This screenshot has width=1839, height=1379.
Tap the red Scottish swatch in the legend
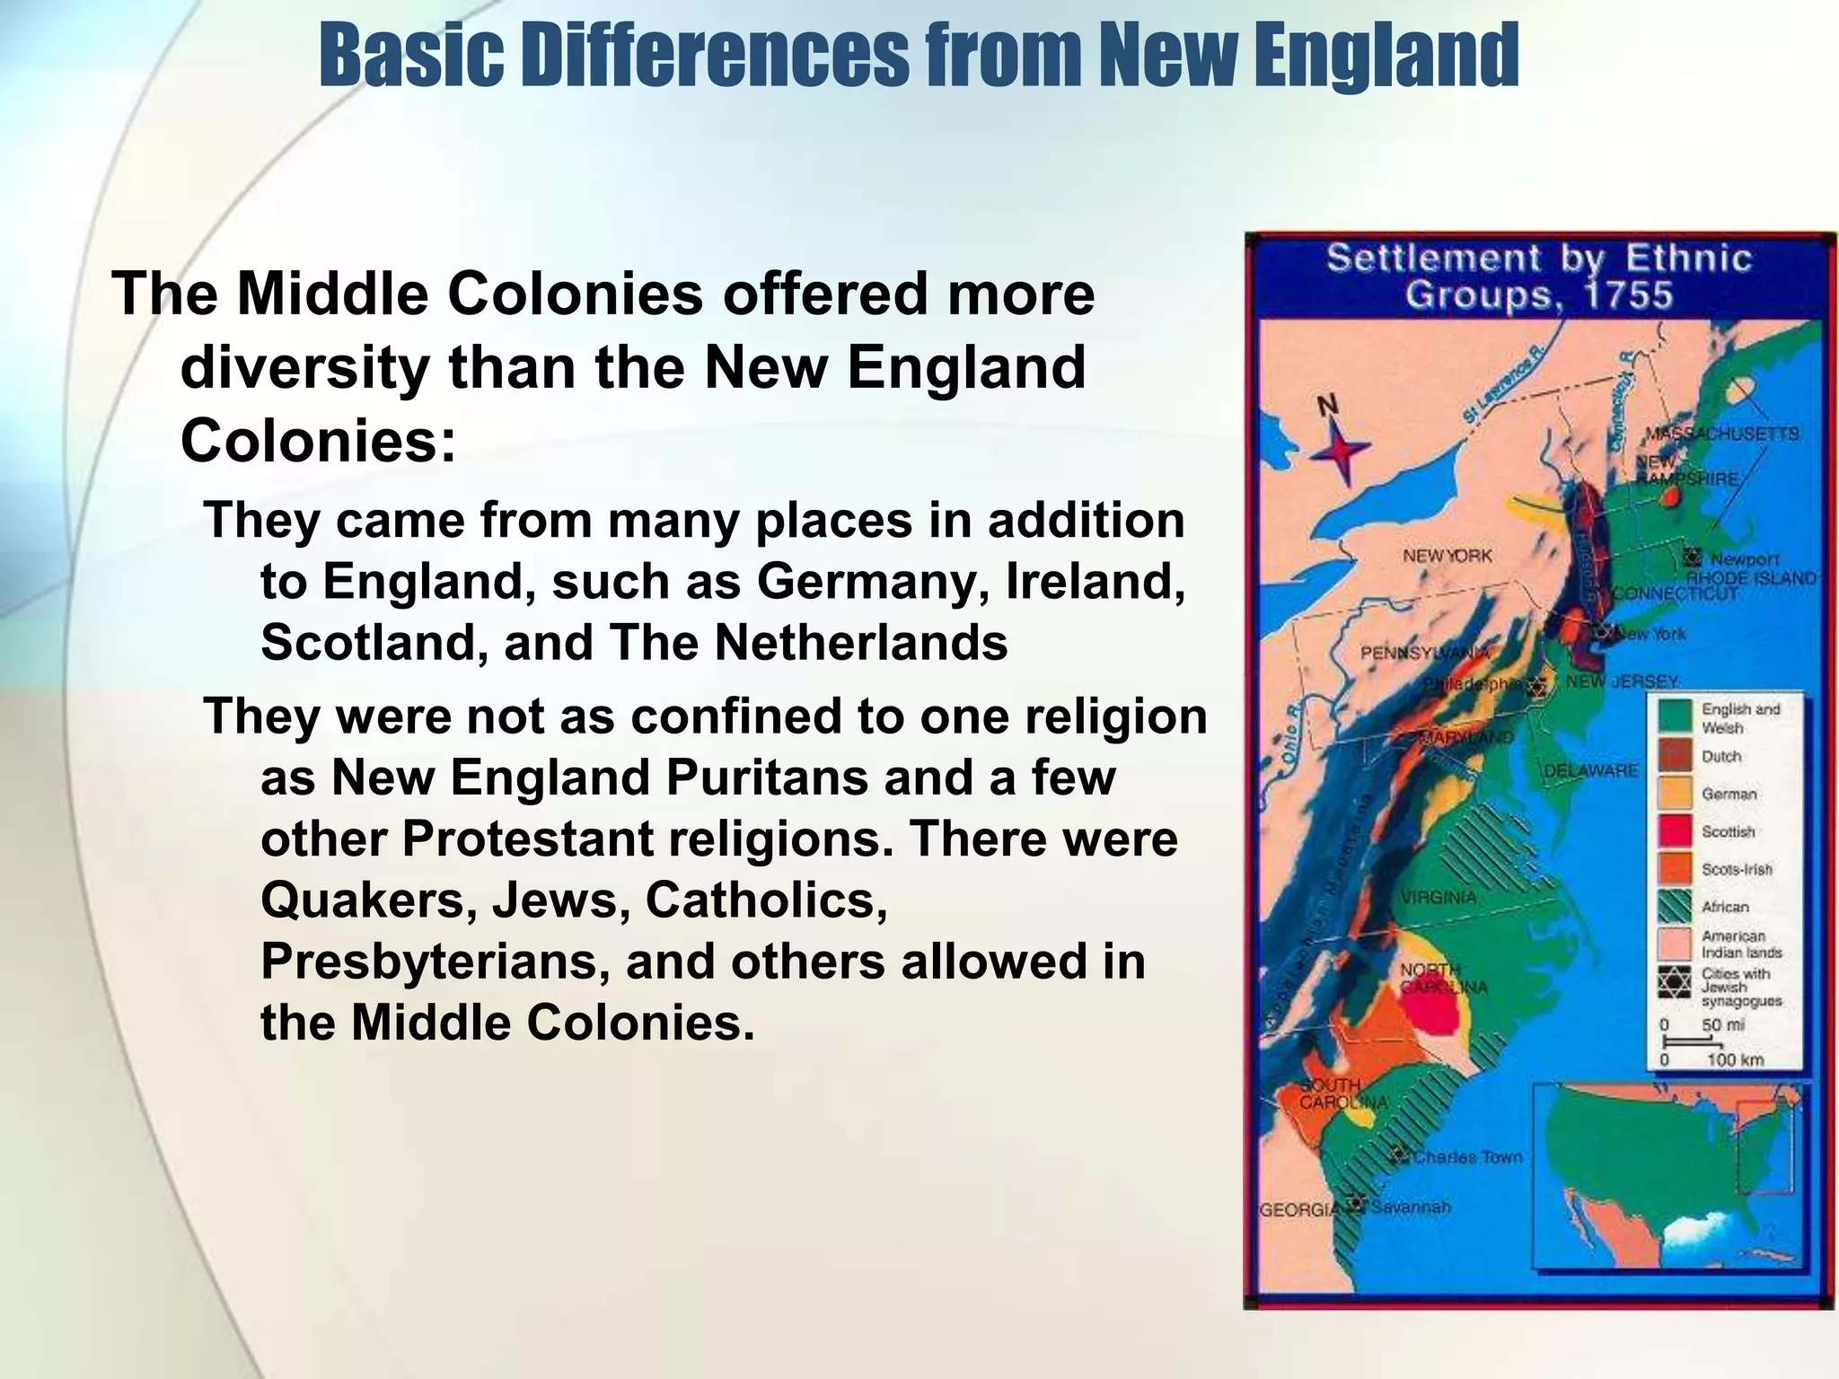(x=1676, y=831)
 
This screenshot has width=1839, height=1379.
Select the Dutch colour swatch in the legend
(x=1676, y=756)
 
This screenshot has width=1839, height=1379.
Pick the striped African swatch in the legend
(x=1676, y=907)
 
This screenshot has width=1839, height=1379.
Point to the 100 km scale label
(x=1735, y=1060)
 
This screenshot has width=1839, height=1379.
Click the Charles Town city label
(x=1468, y=1157)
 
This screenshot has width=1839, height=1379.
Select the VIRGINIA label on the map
(x=1438, y=898)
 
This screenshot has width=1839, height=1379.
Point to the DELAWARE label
(x=1590, y=771)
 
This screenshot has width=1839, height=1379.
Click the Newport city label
(x=1744, y=560)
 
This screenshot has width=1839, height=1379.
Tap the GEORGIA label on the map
(x=1299, y=1210)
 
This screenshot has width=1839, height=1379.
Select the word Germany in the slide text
(x=866, y=582)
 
